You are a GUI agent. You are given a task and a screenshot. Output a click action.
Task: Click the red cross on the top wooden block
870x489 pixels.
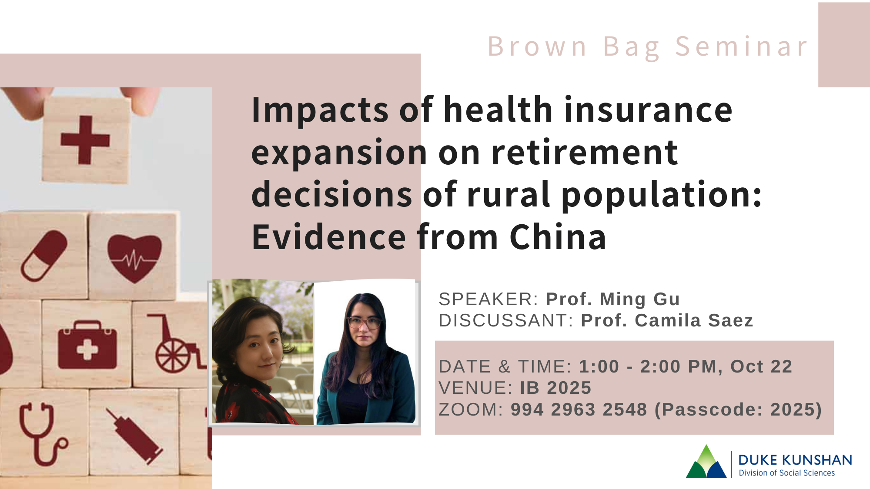click(85, 140)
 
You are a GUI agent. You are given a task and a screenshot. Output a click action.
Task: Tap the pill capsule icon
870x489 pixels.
click(44, 256)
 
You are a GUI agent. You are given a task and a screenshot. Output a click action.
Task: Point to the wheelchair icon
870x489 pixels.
click(174, 346)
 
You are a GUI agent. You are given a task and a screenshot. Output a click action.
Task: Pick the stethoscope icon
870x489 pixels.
click(41, 432)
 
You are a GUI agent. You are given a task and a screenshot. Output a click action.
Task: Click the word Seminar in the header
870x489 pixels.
click(741, 47)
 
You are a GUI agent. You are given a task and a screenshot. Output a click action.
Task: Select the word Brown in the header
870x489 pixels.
click(538, 47)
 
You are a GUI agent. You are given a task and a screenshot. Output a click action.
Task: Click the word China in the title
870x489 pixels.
click(558, 237)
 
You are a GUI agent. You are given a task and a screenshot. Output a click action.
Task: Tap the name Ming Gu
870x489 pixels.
click(639, 299)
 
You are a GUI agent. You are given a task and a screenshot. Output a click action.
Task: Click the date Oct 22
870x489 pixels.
click(761, 366)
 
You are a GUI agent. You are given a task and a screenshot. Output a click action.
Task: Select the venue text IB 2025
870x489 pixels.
click(555, 388)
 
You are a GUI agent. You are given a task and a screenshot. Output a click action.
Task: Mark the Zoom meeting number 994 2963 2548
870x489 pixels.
click(579, 409)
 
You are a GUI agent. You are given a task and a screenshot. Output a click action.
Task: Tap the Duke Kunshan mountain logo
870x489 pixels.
click(706, 462)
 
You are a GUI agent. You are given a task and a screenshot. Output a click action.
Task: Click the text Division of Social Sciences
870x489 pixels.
click(786, 473)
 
